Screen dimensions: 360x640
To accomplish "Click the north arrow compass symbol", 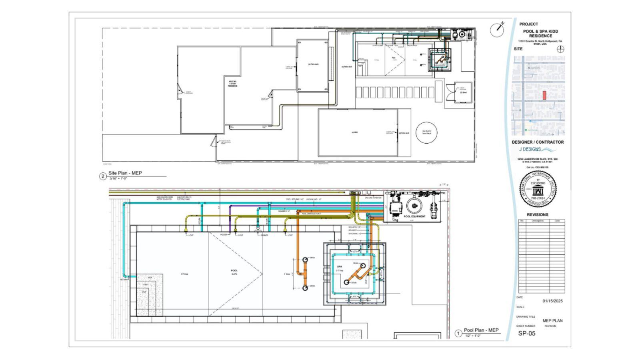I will click(x=496, y=30).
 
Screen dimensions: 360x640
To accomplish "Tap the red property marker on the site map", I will click(x=544, y=95).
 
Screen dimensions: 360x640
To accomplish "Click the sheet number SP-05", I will click(x=526, y=333).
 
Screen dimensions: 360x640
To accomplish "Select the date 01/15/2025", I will click(x=552, y=301).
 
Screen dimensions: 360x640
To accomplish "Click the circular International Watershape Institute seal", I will click(x=538, y=189).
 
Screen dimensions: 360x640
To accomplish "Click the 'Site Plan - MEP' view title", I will click(x=125, y=173).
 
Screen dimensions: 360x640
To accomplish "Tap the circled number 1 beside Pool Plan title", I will click(x=458, y=333).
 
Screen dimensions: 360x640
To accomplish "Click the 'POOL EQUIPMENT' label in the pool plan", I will click(x=414, y=216).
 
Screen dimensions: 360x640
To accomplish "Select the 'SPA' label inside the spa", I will click(x=339, y=266).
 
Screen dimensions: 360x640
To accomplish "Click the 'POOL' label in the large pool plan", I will click(x=234, y=271).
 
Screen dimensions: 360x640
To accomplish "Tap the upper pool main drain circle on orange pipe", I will click(x=305, y=259).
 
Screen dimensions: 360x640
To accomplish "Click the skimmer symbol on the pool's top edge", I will click(x=258, y=229).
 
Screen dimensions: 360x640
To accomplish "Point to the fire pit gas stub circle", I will click(x=426, y=132).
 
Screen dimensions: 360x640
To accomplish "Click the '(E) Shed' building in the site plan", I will click(x=463, y=93).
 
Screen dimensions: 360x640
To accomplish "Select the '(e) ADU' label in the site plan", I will click(x=354, y=132).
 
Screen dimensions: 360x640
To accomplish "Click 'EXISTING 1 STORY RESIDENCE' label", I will click(x=232, y=84).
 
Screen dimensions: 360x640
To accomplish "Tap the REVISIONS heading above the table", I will click(x=537, y=215).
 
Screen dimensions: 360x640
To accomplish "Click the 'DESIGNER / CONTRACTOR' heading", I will click(x=538, y=142).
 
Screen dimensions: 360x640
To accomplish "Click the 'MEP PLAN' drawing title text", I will click(x=552, y=320).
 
